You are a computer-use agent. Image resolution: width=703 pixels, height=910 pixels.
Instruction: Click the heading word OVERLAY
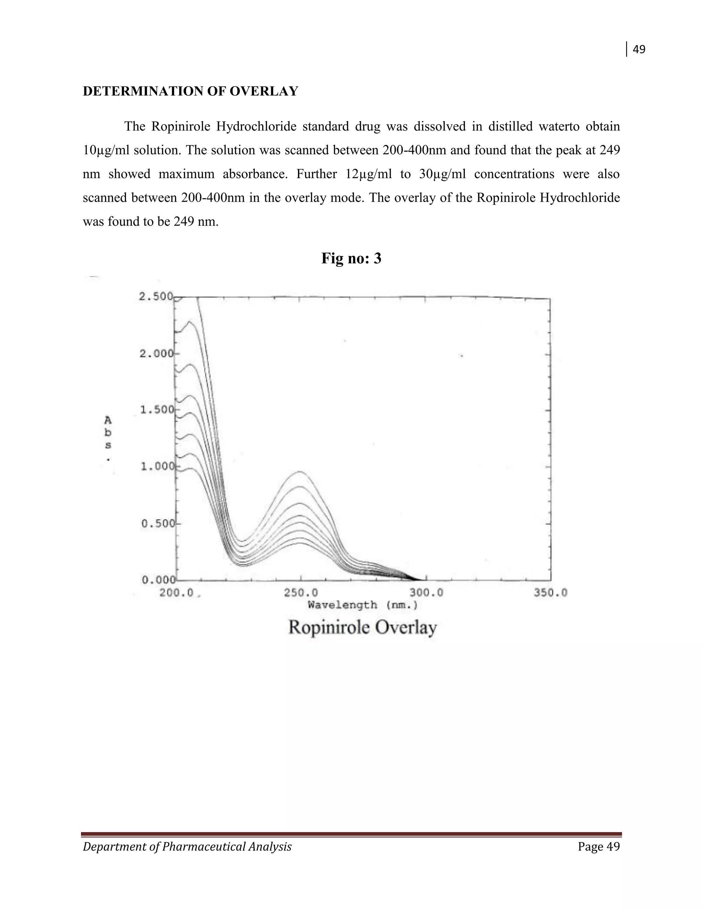point(264,91)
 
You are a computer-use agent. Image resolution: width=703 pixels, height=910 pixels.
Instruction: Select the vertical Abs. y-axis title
point(108,437)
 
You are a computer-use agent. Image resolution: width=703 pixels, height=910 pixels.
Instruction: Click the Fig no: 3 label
point(351,258)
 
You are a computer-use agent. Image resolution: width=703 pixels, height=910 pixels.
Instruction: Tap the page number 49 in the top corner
point(639,49)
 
